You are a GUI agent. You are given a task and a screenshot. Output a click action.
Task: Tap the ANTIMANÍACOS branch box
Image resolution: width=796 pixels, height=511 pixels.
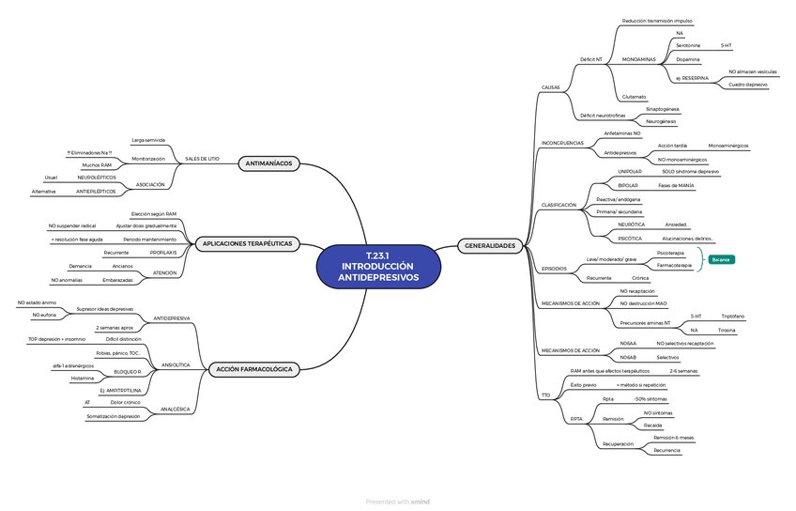(268, 163)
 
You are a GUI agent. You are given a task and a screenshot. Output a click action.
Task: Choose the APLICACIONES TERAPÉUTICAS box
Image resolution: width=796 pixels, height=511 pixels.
(247, 243)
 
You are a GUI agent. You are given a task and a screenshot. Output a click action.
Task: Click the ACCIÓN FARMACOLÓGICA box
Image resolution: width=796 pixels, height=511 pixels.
(254, 369)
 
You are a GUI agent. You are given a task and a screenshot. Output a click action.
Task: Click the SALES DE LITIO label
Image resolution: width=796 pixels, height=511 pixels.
(202, 159)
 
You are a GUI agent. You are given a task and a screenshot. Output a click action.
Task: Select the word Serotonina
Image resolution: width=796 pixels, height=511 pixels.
(688, 45)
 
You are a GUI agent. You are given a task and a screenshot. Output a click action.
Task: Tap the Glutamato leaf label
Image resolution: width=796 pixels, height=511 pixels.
(634, 97)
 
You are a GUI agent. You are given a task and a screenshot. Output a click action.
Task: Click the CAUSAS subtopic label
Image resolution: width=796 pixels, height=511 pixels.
(551, 87)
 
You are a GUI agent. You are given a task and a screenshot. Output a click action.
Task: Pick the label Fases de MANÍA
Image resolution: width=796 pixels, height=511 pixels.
(676, 186)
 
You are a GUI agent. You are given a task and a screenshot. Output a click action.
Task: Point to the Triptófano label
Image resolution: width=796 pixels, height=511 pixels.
(733, 317)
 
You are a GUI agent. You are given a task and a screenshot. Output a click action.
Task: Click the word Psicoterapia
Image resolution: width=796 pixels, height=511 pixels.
(670, 253)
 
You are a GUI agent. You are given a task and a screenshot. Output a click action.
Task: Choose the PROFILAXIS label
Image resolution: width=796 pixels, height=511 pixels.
(163, 253)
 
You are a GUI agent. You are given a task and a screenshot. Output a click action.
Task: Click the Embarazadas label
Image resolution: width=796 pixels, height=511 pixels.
(117, 280)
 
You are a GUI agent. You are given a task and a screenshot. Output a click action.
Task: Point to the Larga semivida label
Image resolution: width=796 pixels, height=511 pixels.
(148, 140)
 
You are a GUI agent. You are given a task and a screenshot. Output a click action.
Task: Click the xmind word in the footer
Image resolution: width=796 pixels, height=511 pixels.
(421, 502)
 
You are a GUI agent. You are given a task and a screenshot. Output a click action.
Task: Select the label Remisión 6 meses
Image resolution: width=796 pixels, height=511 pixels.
(674, 438)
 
